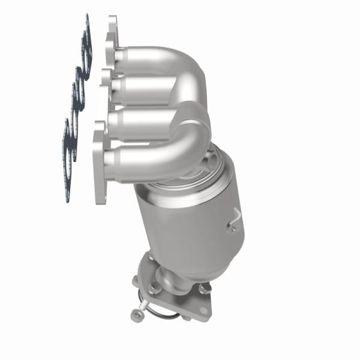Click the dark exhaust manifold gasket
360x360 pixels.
(77, 90)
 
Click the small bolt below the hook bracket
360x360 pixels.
(230, 227)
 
